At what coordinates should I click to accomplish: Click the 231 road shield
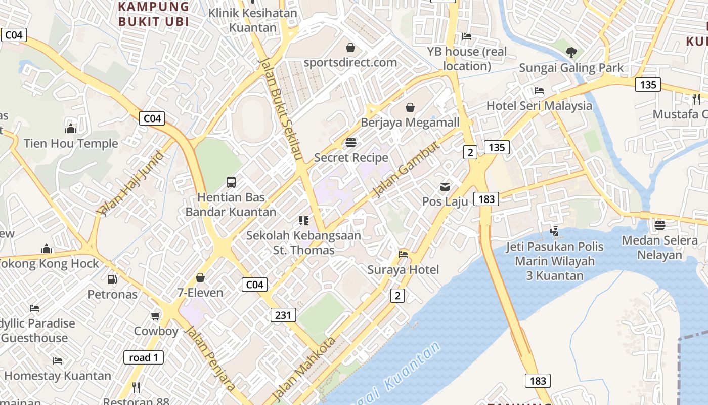point(283,315)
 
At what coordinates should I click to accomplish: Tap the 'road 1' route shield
point(144,357)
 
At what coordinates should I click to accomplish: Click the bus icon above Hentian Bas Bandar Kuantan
point(231,182)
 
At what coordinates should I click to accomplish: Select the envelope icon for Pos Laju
point(445,187)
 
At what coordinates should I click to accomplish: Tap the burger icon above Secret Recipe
point(351,143)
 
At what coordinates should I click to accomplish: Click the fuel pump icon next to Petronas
point(112,279)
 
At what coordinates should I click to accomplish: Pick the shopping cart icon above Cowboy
point(156,316)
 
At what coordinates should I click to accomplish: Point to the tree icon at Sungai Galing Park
point(571,52)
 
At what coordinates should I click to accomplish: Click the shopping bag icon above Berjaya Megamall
point(410,107)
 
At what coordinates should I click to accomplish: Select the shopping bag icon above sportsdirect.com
point(350,48)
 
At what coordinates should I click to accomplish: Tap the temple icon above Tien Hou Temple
point(71,129)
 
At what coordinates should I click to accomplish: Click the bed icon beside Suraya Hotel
point(403,254)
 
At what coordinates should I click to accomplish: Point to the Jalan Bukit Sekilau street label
point(281,109)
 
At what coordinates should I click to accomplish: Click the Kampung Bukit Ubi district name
point(154,14)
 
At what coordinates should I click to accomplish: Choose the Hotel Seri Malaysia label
point(539,106)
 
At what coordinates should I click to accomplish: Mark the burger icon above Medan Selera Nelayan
point(659,225)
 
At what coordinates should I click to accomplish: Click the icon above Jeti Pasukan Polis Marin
point(555,231)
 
